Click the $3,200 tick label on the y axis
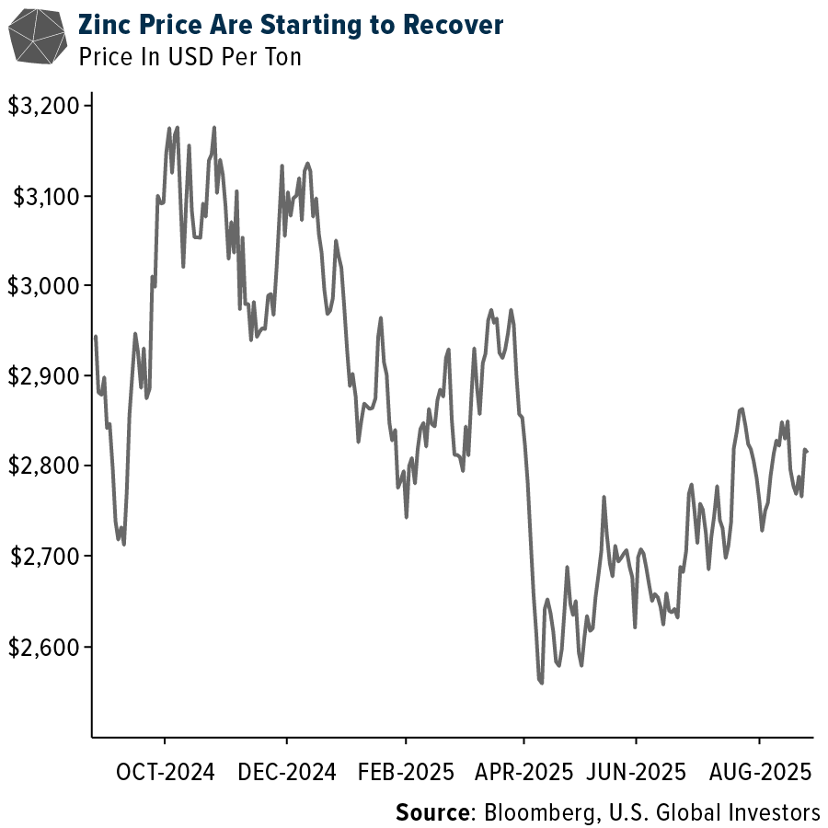pos(43,107)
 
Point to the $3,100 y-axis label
pos(43,196)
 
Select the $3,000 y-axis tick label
pos(43,286)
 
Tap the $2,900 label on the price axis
pos(43,376)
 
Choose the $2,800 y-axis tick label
pos(43,466)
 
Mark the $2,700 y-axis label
pos(43,557)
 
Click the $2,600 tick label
pos(43,647)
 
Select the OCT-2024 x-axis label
pos(166,772)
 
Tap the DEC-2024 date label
pos(287,772)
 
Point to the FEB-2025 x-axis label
pos(405,772)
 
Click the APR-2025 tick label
pos(523,772)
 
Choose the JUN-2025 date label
pos(636,772)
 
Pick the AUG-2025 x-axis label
pos(760,772)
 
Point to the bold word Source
pos(431,812)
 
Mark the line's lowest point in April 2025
pos(542,683)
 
